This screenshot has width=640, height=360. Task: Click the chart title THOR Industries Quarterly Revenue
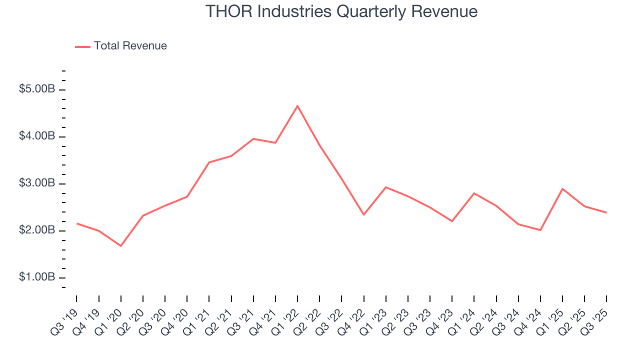coord(341,11)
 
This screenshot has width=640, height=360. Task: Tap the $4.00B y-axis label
coord(37,137)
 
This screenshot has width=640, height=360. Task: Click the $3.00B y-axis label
coord(37,184)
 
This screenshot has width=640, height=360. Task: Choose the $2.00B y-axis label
coord(37,231)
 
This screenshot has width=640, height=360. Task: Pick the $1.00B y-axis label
coord(37,277)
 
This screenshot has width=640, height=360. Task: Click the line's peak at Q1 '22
coord(297,106)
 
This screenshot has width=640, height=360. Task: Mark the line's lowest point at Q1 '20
coord(121,246)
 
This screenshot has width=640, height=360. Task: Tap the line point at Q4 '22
coord(363,214)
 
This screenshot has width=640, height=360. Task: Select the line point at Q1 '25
coord(562,189)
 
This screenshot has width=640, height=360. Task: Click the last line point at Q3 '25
coord(606,212)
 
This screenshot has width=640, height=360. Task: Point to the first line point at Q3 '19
coord(76,223)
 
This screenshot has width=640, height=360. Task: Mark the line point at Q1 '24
coord(474,193)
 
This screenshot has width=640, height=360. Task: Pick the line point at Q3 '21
coord(253,139)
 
